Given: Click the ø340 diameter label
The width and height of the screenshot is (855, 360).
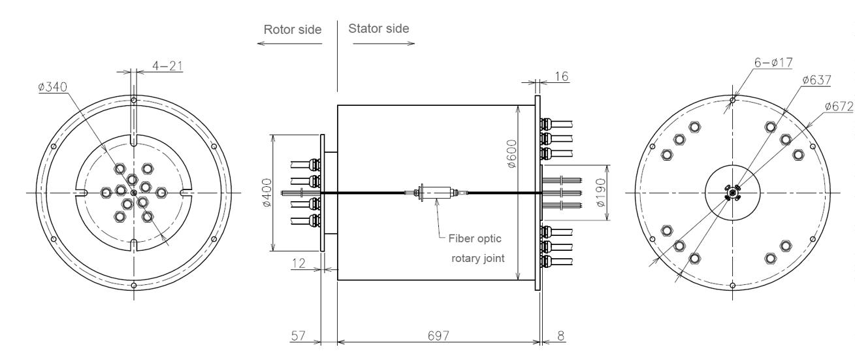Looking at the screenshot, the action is pyautogui.click(x=53, y=87).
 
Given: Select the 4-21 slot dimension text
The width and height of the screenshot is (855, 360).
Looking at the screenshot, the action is pyautogui.click(x=167, y=66).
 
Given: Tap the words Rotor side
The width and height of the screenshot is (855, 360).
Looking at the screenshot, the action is pyautogui.click(x=293, y=29).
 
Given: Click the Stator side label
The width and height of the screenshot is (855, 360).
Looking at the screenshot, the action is pyautogui.click(x=379, y=28).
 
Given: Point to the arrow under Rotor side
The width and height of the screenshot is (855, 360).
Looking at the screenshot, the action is pyautogui.click(x=290, y=44).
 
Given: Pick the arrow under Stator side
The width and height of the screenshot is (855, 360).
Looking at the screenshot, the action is pyautogui.click(x=383, y=44).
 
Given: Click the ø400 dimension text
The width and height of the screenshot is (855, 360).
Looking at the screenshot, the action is pyautogui.click(x=267, y=193).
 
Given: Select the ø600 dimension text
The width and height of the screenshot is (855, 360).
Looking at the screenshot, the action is pyautogui.click(x=512, y=154).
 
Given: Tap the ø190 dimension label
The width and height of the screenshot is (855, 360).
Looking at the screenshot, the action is pyautogui.click(x=600, y=192).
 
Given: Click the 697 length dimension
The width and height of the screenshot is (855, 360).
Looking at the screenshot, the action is pyautogui.click(x=438, y=336).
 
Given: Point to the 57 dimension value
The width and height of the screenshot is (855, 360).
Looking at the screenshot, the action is pyautogui.click(x=298, y=336).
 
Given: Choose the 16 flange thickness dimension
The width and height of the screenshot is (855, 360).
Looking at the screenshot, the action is pyautogui.click(x=561, y=76).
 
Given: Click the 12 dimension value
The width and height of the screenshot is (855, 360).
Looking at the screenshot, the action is pyautogui.click(x=298, y=263).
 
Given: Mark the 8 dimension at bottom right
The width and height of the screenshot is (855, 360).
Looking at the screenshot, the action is pyautogui.click(x=560, y=336).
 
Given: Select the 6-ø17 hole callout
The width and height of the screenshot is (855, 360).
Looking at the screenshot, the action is pyautogui.click(x=773, y=62).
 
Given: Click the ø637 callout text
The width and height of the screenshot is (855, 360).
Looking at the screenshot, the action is pyautogui.click(x=816, y=80).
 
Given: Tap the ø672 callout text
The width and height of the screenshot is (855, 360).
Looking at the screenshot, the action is pyautogui.click(x=839, y=106).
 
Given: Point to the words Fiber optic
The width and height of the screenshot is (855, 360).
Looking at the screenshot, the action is pyautogui.click(x=474, y=238).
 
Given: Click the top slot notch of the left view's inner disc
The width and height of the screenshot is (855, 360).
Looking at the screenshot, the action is pyautogui.click(x=134, y=140).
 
